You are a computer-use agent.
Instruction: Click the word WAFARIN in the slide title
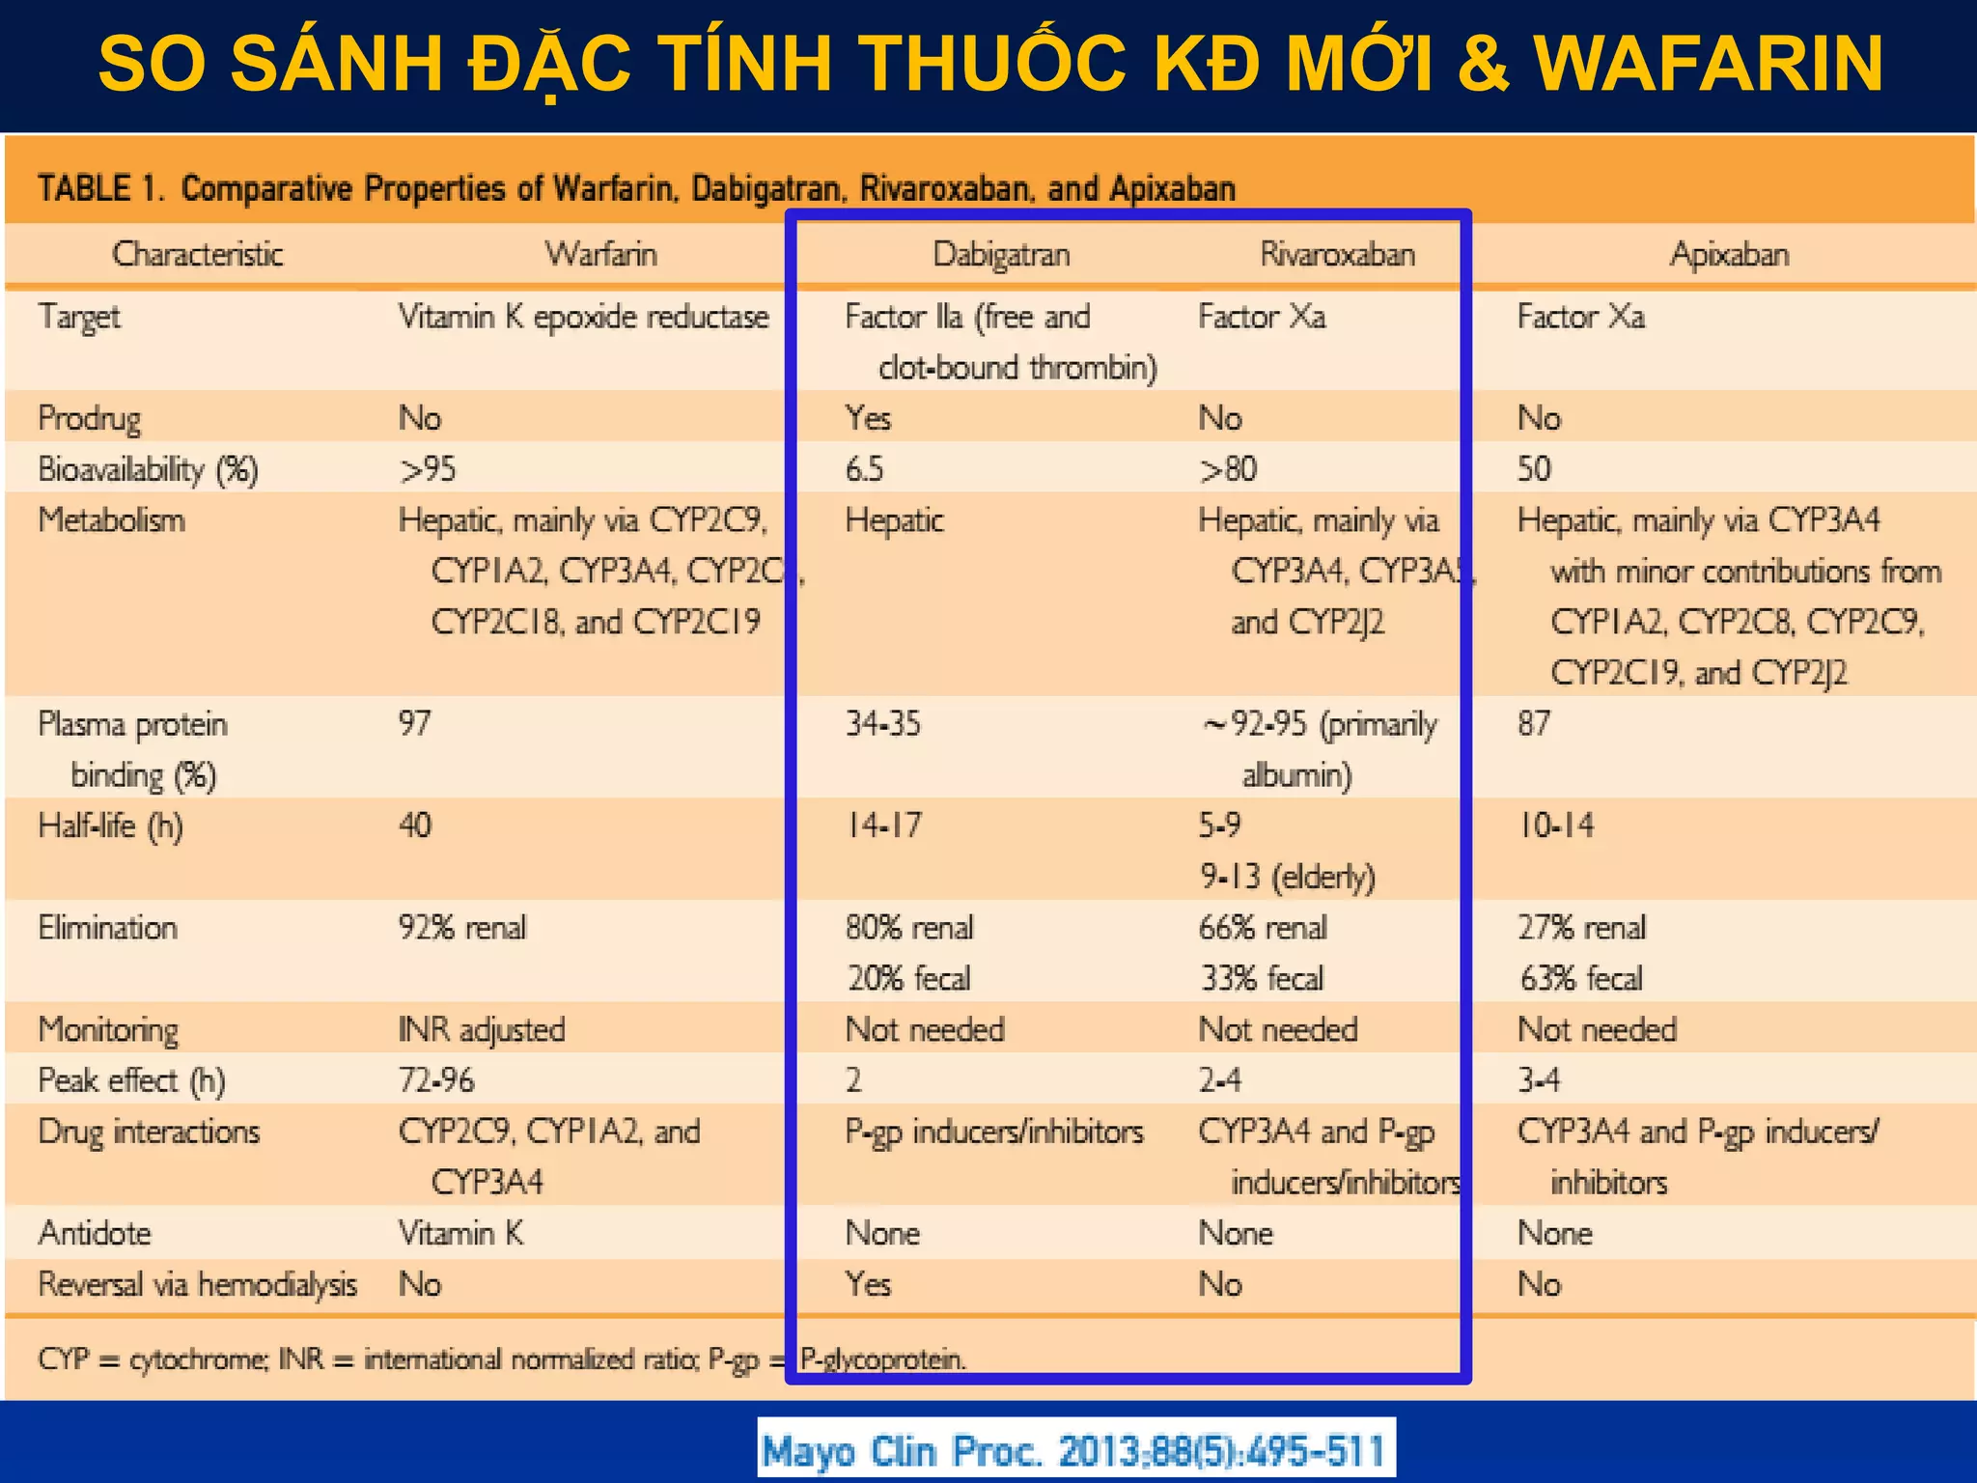tap(1708, 64)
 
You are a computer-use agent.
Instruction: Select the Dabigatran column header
tap(1001, 255)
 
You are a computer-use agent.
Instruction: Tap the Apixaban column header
tap(1729, 255)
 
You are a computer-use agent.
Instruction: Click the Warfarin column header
tap(600, 255)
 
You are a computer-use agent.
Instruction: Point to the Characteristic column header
tap(198, 255)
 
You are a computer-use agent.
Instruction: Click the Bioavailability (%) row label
tap(148, 470)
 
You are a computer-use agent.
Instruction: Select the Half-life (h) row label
tap(110, 826)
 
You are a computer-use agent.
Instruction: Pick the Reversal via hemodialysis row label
tap(197, 1285)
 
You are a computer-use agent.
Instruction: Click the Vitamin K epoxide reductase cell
tap(583, 318)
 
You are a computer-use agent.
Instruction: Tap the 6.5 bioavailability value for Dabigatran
tap(864, 469)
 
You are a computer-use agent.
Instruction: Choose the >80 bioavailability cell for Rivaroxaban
tap(1228, 469)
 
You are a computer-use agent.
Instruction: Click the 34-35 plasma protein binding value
tap(882, 724)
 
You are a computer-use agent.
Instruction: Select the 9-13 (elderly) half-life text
tap(1287, 877)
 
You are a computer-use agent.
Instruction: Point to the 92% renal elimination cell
tap(462, 928)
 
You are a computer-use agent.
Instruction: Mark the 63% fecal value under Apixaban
tap(1580, 979)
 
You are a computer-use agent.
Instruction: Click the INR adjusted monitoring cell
tap(482, 1030)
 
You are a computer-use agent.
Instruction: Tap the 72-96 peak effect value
tap(436, 1080)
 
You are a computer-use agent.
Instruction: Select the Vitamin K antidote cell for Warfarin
tap(460, 1234)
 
